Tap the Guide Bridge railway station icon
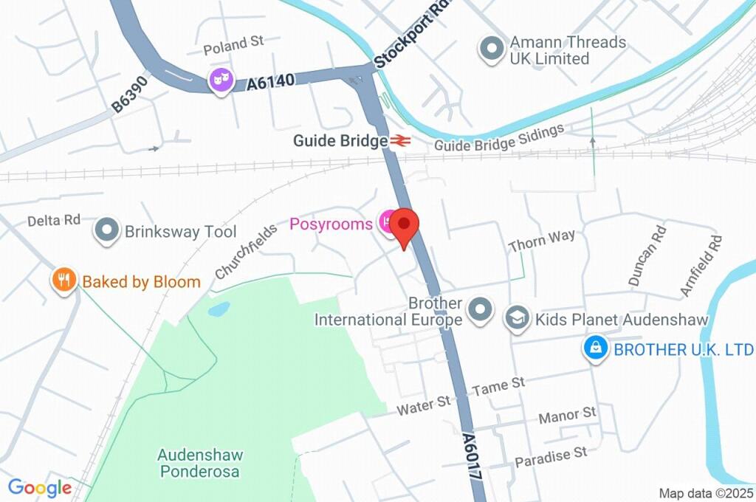[x=400, y=140]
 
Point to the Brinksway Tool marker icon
[x=108, y=231]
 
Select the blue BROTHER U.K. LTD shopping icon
[x=595, y=348]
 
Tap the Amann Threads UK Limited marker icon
[x=491, y=49]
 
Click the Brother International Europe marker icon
[x=480, y=311]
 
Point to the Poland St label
[x=233, y=45]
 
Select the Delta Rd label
[x=53, y=221]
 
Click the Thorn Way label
[x=542, y=240]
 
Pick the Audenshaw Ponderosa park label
[x=200, y=463]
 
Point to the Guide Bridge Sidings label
[x=499, y=138]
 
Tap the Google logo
[x=40, y=488]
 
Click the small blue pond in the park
[x=219, y=309]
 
